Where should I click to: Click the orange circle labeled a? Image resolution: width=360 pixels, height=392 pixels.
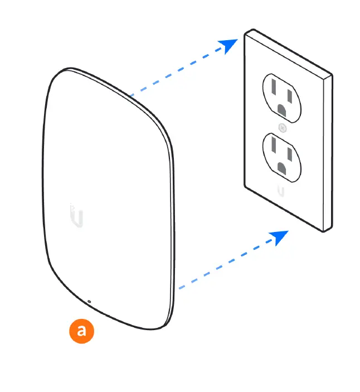pyautogui.click(x=81, y=331)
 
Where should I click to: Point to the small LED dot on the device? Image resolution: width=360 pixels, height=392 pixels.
pyautogui.click(x=89, y=302)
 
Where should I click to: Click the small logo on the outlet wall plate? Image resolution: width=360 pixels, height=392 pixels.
pyautogui.click(x=281, y=191)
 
